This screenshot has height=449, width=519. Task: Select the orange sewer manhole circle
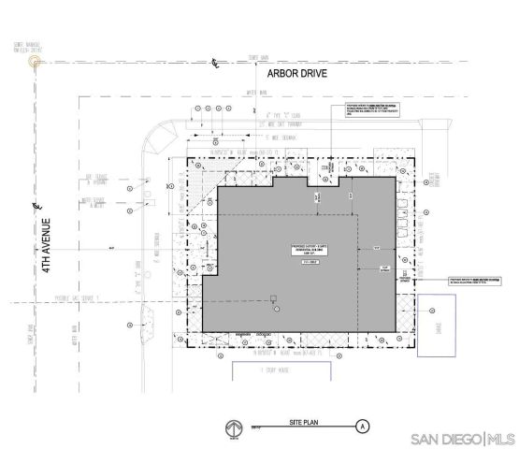pos(36,61)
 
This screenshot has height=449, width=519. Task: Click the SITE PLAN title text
pos(305,425)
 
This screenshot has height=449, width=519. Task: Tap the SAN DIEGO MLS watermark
pos(463,439)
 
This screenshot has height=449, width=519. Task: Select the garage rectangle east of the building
pos(436,327)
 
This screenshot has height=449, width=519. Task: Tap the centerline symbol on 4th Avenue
pos(35,204)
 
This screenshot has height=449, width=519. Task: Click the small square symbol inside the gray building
pos(274,299)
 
